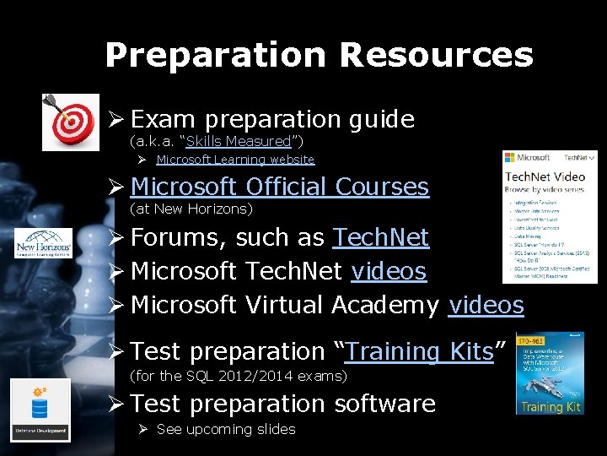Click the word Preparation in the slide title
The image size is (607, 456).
(215, 56)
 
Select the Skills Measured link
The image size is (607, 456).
(238, 140)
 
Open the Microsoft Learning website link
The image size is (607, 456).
(235, 160)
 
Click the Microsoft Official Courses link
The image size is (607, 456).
(280, 187)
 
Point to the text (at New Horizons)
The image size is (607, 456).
(191, 208)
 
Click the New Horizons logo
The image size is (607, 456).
(44, 243)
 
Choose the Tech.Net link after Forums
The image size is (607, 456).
(381, 238)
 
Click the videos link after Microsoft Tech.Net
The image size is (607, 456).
(389, 271)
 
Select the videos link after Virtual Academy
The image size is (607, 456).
(486, 305)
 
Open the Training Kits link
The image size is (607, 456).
(419, 350)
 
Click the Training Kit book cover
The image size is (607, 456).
(550, 373)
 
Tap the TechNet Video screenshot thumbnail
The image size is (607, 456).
(549, 216)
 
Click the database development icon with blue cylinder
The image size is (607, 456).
(40, 410)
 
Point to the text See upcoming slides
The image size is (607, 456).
(226, 430)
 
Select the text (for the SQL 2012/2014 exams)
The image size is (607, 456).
(239, 375)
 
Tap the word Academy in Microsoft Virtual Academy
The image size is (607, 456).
(385, 305)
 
